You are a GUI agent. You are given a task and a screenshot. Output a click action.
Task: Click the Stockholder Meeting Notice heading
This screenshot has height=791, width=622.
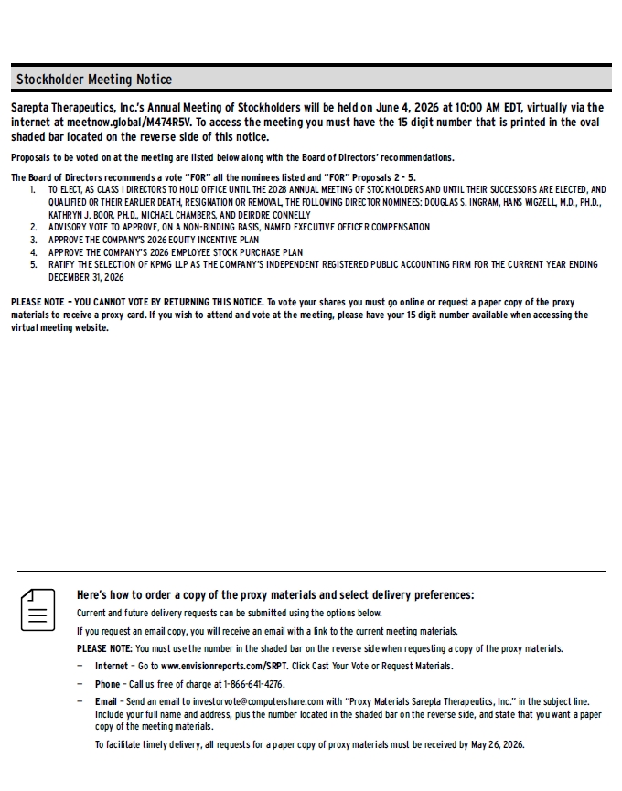point(94,80)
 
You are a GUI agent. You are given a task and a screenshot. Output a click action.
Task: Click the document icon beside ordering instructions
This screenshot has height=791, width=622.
point(38,609)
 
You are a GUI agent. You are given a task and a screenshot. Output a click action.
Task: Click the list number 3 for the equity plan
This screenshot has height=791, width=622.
point(32,240)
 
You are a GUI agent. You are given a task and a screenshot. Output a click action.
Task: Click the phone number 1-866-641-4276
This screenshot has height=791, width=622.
point(252,683)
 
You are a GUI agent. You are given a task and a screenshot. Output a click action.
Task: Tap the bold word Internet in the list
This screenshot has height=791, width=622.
point(112,666)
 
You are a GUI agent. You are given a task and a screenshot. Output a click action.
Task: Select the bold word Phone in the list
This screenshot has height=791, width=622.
point(107,683)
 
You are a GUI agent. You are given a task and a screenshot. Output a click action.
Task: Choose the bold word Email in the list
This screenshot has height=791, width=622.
point(106,701)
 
